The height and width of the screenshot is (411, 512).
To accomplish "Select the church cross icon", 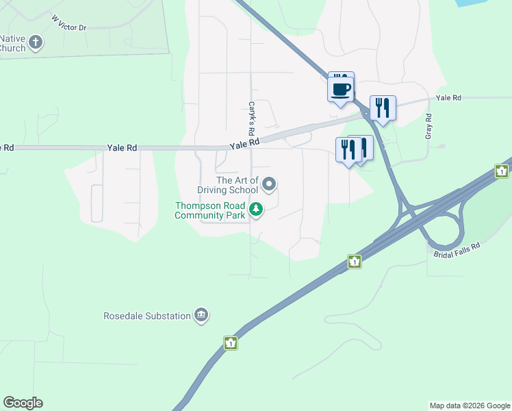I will pos(36,43).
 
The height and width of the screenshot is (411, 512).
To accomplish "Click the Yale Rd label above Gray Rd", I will pos(448,98).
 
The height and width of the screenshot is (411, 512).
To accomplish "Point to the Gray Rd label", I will pos(428,126).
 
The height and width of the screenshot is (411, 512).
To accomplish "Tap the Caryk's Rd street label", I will pos(252,119).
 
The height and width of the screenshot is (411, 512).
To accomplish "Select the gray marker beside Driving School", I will pos(269,184).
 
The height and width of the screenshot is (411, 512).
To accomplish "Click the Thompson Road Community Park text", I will pos(209,210).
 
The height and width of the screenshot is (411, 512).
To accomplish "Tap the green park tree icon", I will pos(256,210).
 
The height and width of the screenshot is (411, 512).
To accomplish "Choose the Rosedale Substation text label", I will pos(146,316).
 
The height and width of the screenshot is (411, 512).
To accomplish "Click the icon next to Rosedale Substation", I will pos(201,315).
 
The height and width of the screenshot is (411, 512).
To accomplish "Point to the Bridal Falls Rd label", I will pos(457,250).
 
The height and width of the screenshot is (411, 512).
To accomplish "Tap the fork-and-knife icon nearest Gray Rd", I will pos(383,108).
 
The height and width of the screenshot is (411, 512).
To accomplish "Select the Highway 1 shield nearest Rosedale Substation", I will pos(231,342).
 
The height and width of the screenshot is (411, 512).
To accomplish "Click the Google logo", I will pos(23,403).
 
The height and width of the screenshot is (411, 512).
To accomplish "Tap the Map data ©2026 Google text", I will pos(469,406).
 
